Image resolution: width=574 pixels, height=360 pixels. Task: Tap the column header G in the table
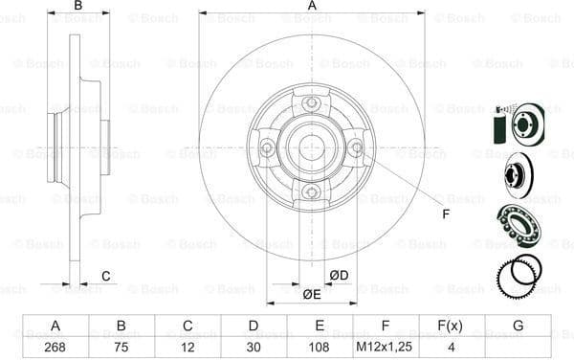518,326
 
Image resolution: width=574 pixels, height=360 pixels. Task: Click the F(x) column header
452,326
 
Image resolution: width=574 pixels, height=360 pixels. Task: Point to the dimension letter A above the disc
312,6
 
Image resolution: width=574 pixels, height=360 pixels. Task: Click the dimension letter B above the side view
78,6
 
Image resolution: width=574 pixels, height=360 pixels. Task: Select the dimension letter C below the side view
106,277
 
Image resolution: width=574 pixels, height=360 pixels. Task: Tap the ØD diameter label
339,276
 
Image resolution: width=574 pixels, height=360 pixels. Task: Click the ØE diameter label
312,294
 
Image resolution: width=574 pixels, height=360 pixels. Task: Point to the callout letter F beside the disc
445,213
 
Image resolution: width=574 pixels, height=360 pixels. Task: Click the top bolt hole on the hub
311,103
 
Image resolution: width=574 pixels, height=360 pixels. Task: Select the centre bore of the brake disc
311,147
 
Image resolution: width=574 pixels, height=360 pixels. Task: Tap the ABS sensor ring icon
519,275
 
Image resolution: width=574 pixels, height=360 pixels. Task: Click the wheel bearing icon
518,226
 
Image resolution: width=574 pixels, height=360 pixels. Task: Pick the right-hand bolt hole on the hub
356,147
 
